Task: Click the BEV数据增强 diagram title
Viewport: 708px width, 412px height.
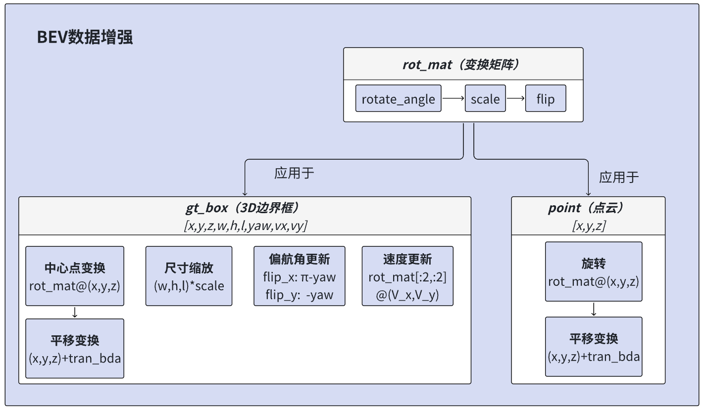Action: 85,38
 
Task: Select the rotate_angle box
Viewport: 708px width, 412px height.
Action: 398,98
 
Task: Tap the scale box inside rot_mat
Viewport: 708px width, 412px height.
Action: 485,98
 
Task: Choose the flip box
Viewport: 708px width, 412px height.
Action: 545,98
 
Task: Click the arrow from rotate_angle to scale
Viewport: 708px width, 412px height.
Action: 453,98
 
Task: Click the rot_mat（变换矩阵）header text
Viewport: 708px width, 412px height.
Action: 463,64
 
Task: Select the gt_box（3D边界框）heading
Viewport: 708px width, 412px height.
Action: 245,208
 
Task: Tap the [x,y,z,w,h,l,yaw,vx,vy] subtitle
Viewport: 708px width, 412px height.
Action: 245,226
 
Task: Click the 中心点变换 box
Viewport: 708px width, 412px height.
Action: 75,276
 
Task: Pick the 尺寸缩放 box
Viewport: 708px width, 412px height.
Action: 189,276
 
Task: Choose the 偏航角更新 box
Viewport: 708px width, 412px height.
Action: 299,276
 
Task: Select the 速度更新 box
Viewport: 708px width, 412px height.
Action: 407,276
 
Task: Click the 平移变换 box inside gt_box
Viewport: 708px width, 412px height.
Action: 75,348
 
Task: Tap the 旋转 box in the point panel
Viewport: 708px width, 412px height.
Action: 593,272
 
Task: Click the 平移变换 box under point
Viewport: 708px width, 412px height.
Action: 593,347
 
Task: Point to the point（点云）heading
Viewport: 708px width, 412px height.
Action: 588,208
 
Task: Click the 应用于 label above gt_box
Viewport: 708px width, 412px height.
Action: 294,173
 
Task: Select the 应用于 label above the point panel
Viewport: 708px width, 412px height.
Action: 619,177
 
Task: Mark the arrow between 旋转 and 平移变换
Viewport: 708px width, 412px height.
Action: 593,309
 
